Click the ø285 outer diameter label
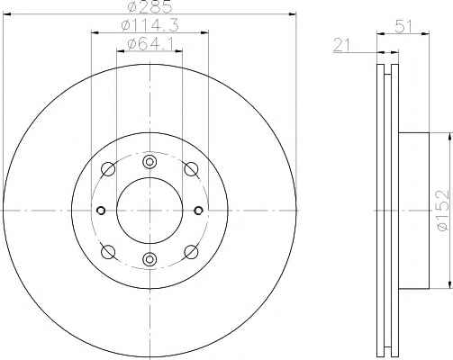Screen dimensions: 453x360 click(x=149, y=6)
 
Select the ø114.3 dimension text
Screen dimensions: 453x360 click(x=149, y=25)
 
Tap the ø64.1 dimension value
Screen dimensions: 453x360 click(x=150, y=45)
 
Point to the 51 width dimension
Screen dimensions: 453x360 click(x=403, y=26)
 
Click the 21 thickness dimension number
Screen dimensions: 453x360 click(x=341, y=45)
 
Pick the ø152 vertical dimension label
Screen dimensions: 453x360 click(x=444, y=211)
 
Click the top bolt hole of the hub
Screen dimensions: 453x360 click(x=149, y=162)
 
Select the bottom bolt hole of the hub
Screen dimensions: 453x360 click(x=149, y=259)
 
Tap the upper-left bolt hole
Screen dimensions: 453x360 click(x=108, y=169)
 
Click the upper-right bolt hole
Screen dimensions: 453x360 click(x=191, y=169)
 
